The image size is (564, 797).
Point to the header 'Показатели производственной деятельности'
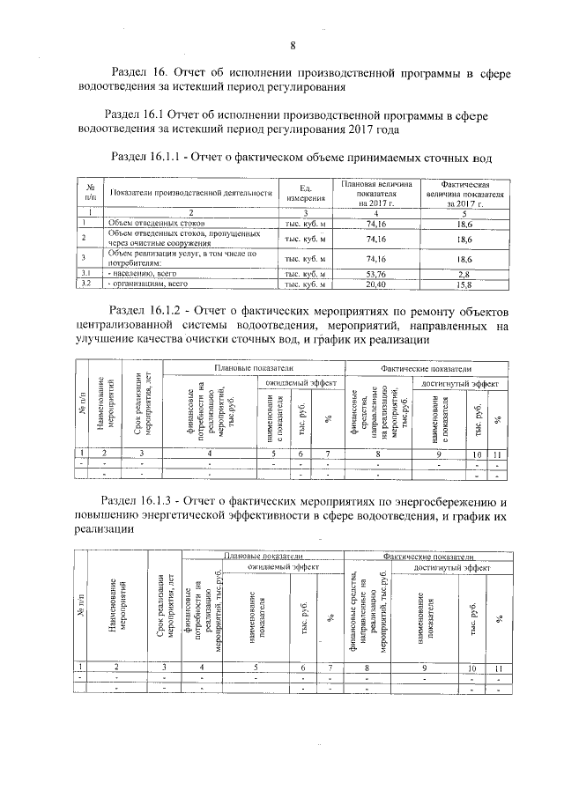tap(189, 194)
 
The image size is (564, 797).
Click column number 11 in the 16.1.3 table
tap(499, 668)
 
